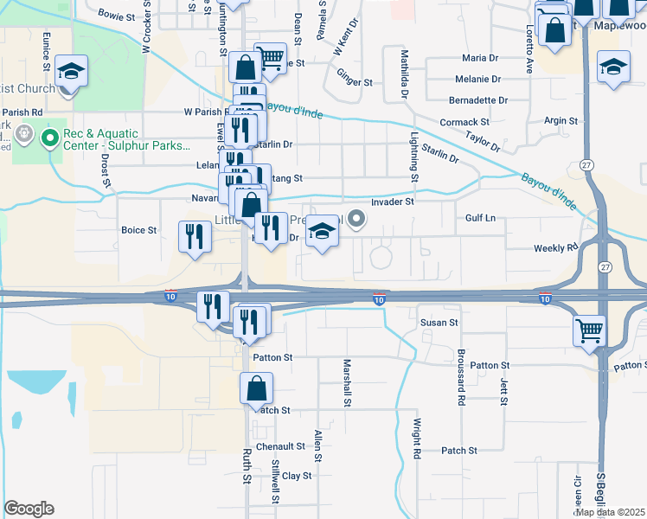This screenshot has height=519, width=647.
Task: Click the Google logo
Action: coord(29,509)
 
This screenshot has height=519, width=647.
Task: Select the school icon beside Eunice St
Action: coord(72,70)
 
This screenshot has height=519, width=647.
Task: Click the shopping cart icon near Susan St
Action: coord(589,330)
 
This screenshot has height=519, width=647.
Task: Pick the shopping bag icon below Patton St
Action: coord(257,388)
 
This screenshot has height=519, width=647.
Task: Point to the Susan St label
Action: coord(439,323)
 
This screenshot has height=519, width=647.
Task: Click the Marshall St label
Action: coord(347,382)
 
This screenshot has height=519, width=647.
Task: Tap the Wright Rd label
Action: coord(416,438)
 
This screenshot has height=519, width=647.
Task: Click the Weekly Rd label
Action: coord(554,248)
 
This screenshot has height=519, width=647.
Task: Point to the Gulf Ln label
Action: coord(480,219)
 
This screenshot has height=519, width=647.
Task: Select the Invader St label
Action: coord(393,202)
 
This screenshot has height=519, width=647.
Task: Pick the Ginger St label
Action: coord(354,83)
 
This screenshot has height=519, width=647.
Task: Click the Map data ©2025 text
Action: coord(609,512)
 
